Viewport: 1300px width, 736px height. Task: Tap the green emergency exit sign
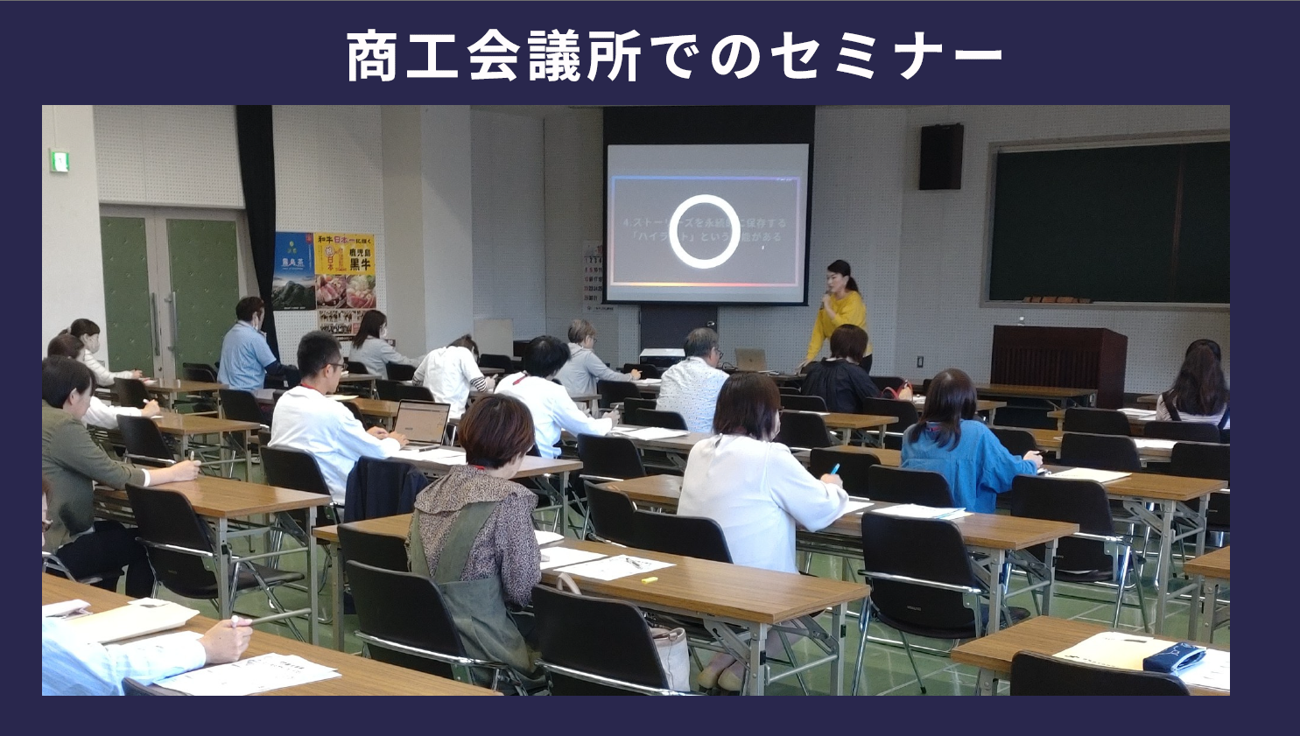tap(60, 161)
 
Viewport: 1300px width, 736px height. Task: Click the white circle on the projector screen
tap(704, 231)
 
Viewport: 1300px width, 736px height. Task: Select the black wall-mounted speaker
tap(940, 157)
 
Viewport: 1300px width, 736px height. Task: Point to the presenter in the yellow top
tap(839, 316)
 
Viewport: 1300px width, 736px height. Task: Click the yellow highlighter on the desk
tap(649, 579)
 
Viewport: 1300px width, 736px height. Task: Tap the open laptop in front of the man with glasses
tap(421, 424)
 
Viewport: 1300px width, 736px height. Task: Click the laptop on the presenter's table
tap(750, 360)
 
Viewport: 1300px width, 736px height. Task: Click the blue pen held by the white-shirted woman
tap(834, 471)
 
